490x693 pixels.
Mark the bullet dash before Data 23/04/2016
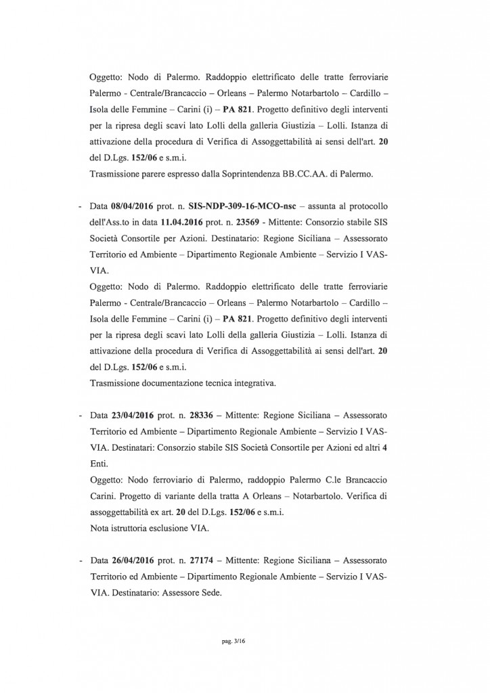81,411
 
